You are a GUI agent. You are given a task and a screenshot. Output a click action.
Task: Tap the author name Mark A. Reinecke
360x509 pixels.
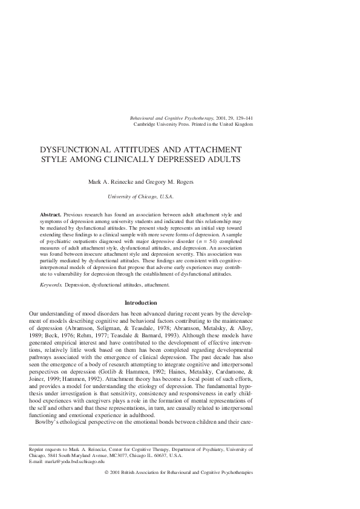(x=112, y=182)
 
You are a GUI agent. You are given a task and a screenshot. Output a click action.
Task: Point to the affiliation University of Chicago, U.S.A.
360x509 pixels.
(x=140, y=196)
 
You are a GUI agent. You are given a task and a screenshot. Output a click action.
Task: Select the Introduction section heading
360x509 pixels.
(x=140, y=302)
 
